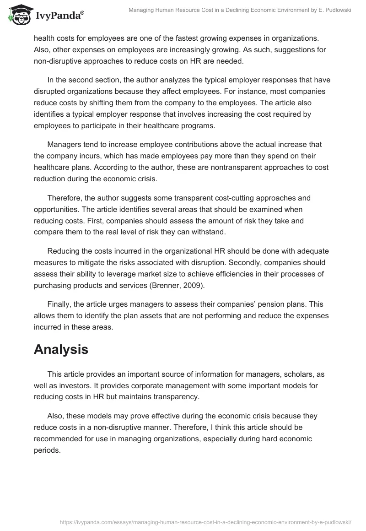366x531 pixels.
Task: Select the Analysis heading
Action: [x=61, y=350]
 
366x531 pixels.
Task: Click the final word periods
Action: [x=47, y=450]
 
